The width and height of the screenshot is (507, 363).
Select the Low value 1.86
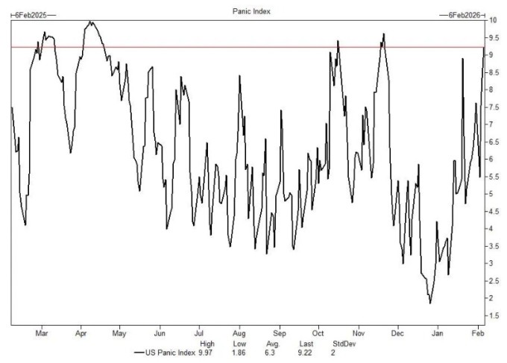coord(240,352)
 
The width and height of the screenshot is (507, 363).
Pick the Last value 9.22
coord(304,352)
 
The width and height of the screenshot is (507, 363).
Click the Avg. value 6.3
coord(272,352)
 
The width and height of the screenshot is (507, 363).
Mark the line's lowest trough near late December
coord(430,303)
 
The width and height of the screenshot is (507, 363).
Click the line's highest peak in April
coord(91,22)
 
